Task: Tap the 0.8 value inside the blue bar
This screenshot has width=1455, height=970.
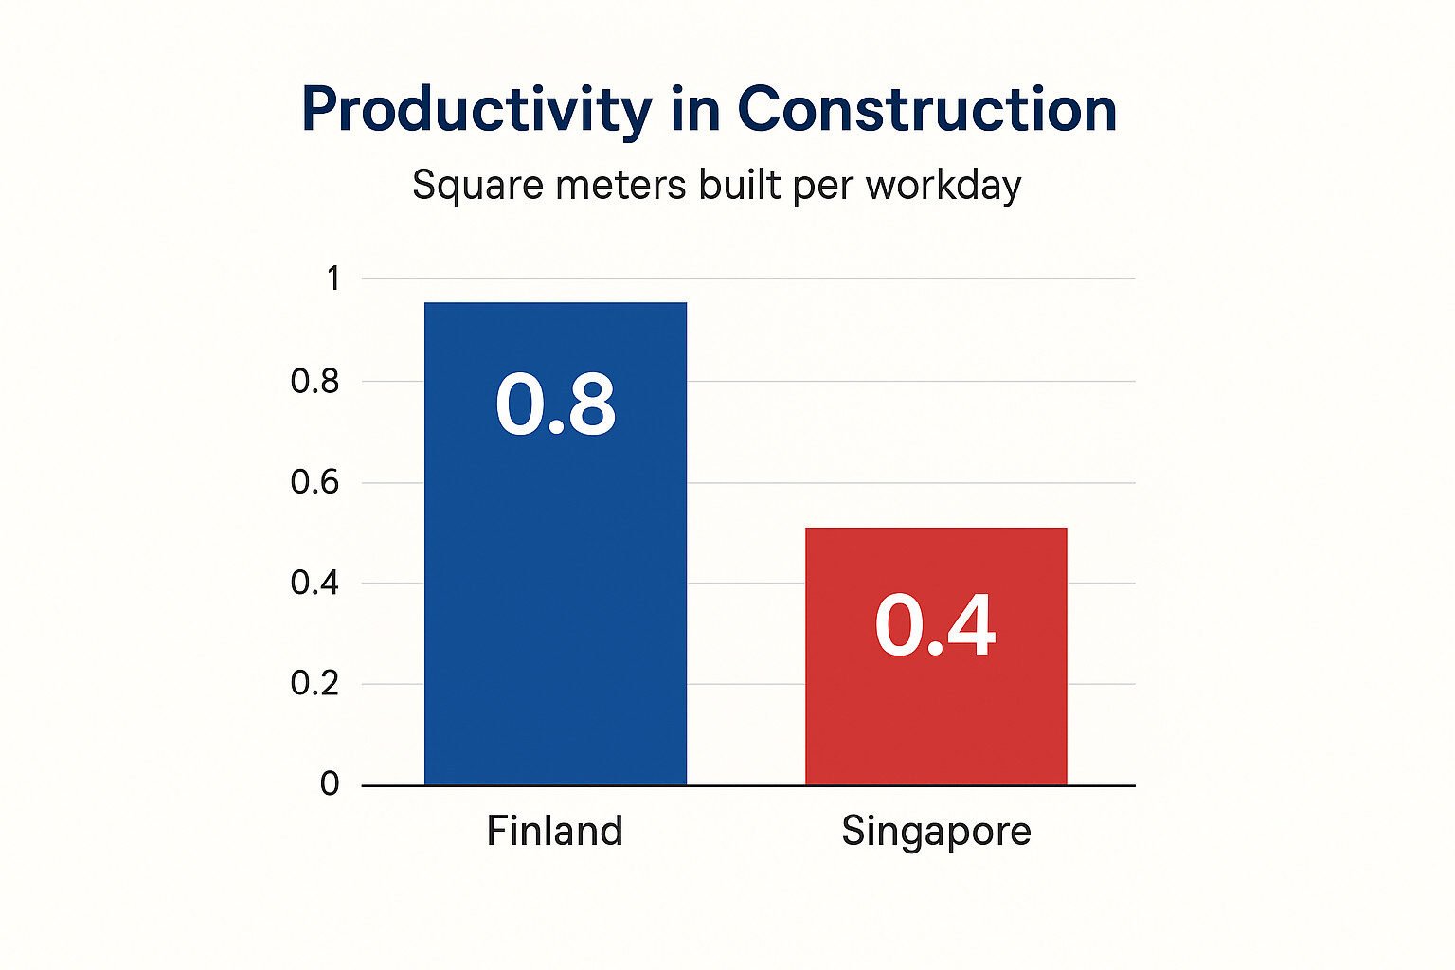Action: click(x=556, y=404)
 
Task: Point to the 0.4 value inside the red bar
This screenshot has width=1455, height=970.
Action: click(x=935, y=625)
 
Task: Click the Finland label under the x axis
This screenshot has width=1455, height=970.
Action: click(x=555, y=831)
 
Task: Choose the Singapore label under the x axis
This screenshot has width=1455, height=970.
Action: click(x=936, y=832)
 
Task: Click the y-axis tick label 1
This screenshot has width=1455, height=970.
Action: click(x=332, y=278)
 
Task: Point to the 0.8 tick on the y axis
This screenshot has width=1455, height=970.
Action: click(x=314, y=381)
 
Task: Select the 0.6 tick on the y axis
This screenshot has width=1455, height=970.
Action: click(x=314, y=482)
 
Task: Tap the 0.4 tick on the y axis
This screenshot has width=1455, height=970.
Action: click(x=314, y=583)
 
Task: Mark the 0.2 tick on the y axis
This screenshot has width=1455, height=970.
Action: click(x=314, y=683)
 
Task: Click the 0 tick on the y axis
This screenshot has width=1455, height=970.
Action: click(x=330, y=783)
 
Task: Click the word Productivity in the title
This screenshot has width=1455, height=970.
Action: click(x=476, y=110)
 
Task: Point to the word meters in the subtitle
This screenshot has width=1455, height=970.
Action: click(x=620, y=184)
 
